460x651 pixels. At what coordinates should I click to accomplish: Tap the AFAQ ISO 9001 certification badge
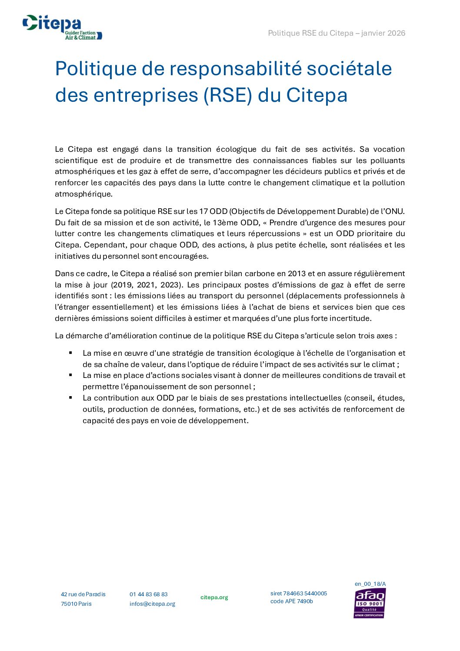click(x=370, y=603)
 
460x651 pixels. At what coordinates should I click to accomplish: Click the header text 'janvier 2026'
click(x=383, y=33)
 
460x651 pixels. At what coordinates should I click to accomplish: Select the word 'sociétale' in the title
click(x=349, y=69)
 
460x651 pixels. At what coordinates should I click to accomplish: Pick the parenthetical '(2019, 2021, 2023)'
click(x=146, y=285)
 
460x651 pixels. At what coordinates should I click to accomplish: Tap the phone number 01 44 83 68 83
click(x=148, y=594)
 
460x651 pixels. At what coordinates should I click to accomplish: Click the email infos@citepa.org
click(x=152, y=604)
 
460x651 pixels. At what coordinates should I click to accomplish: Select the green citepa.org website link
click(x=214, y=597)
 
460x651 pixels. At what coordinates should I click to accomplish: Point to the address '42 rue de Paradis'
click(x=83, y=594)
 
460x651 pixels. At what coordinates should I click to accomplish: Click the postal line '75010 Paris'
click(x=76, y=604)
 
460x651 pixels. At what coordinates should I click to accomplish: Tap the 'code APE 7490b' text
click(x=291, y=601)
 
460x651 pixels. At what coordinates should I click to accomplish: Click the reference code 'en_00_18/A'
click(x=370, y=584)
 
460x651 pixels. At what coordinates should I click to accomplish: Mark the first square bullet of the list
click(x=70, y=353)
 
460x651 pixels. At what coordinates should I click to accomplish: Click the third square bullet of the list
click(x=70, y=397)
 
